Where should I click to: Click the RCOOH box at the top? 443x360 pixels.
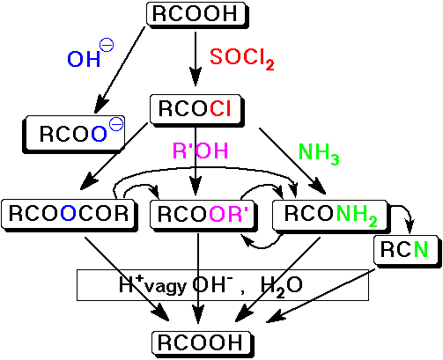197,15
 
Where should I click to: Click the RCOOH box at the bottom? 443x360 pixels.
203,343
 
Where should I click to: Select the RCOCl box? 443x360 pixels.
197,110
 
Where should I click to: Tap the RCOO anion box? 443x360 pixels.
74,135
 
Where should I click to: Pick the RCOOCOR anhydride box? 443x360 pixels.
70,216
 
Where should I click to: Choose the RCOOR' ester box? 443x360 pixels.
203,216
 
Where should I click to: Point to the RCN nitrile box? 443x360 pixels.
408,251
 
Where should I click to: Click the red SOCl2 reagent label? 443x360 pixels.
242,59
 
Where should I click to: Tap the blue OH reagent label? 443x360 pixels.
91,54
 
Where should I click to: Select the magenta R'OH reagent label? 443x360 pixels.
201,151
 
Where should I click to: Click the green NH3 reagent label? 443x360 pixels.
319,154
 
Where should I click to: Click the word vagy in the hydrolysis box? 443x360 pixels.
166,286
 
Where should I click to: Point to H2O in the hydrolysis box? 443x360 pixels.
281,287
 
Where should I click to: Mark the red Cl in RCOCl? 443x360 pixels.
220,108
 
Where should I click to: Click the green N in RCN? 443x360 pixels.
421,250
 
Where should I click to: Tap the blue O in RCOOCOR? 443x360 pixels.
69,213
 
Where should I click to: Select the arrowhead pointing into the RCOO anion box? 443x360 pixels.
100,105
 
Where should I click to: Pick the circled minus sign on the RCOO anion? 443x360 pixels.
116,124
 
